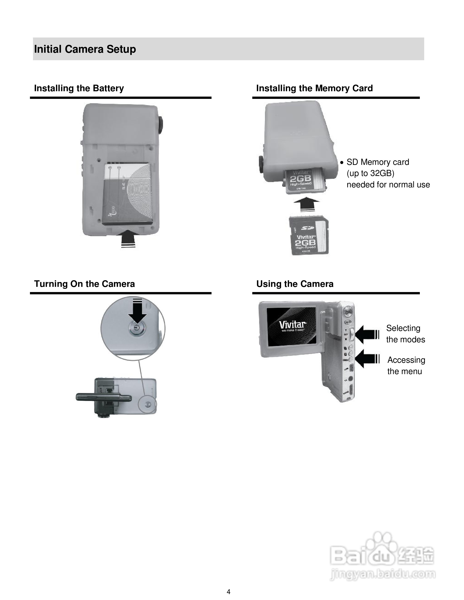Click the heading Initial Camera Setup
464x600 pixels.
[85, 49]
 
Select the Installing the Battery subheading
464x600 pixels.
[79, 88]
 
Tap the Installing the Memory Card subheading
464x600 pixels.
[314, 88]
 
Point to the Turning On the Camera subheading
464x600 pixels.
[84, 284]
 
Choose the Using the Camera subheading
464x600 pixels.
[295, 284]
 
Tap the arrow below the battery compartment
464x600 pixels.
[128, 238]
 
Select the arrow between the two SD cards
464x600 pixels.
[307, 204]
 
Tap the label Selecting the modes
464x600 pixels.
[405, 334]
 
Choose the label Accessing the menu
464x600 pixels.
[406, 366]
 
